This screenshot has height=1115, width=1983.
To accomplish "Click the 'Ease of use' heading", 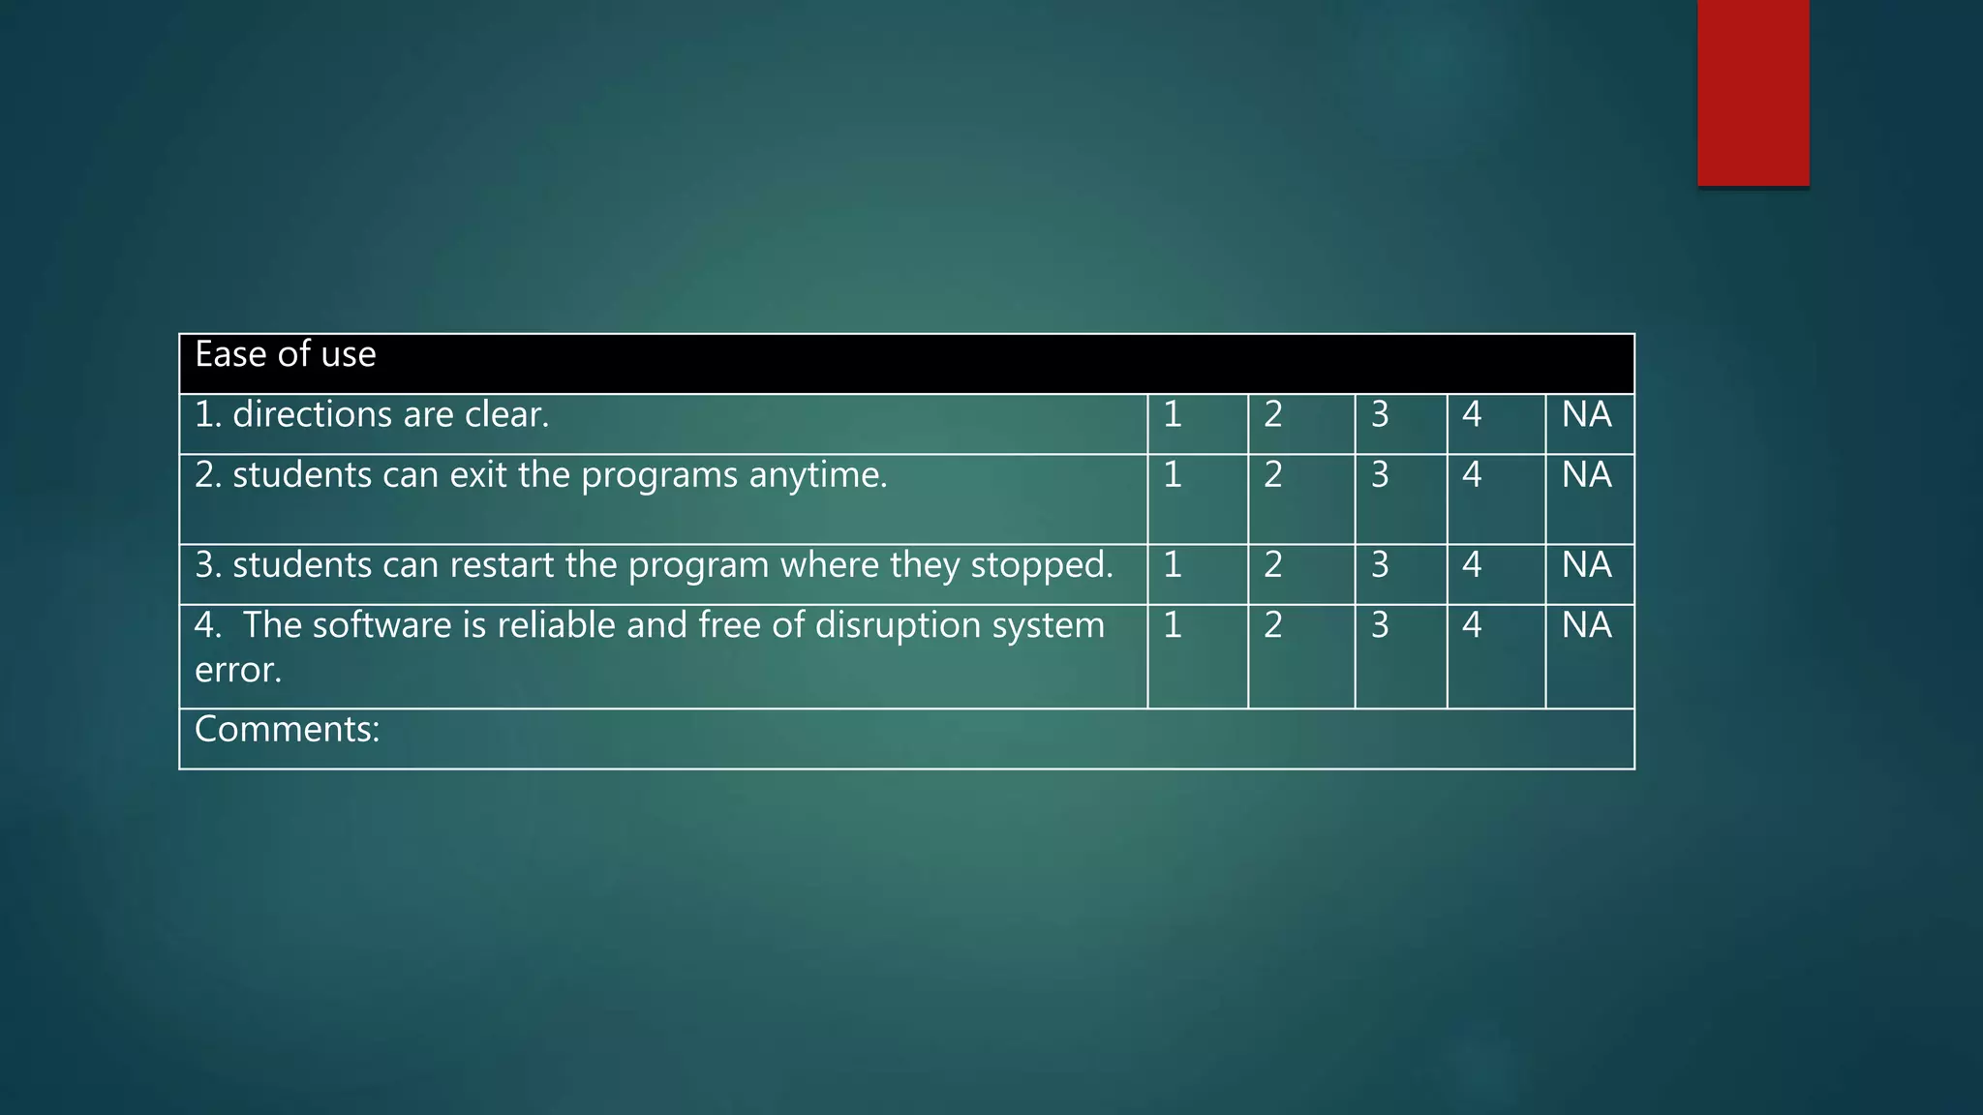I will click(x=285, y=355).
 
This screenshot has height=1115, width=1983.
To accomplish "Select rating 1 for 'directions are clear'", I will click(x=1173, y=415).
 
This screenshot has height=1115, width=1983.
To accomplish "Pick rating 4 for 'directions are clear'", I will click(x=1472, y=415).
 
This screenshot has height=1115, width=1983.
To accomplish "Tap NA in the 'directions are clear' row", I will click(x=1586, y=415).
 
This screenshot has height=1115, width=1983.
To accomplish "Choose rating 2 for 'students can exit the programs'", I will click(x=1273, y=475).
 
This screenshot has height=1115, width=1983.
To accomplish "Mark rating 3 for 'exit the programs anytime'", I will click(x=1380, y=475).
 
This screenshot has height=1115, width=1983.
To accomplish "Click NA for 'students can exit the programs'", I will click(x=1586, y=475).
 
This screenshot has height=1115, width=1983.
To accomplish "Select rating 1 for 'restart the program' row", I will click(x=1173, y=565).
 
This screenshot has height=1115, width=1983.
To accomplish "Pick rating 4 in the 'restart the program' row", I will click(x=1472, y=565).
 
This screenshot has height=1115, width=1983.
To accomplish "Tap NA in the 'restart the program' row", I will click(x=1586, y=565).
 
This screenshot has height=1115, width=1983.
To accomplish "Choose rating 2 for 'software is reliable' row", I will click(x=1273, y=625).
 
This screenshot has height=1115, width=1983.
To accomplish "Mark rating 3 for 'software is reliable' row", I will click(x=1380, y=625).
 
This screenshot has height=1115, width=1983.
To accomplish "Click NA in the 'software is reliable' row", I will click(x=1586, y=625).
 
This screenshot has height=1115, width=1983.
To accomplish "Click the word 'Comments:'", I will click(x=287, y=730).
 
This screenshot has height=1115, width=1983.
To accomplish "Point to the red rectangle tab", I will click(x=1753, y=92).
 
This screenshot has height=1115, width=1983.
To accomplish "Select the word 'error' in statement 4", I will click(x=236, y=671).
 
